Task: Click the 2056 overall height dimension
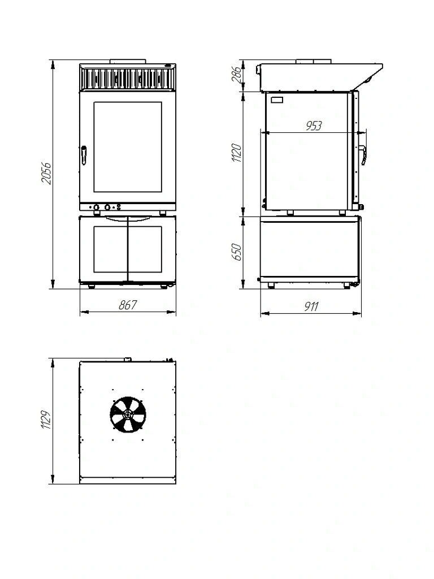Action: tap(46, 173)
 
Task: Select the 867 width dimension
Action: tap(128, 305)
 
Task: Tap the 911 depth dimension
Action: tap(311, 306)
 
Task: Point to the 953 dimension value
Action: tap(314, 126)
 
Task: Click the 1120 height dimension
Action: tap(237, 153)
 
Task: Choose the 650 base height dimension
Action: tap(237, 252)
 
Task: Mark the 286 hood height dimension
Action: tap(237, 74)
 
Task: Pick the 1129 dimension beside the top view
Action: tap(46, 420)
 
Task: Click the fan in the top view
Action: tap(128, 414)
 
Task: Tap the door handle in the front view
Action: tap(84, 155)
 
